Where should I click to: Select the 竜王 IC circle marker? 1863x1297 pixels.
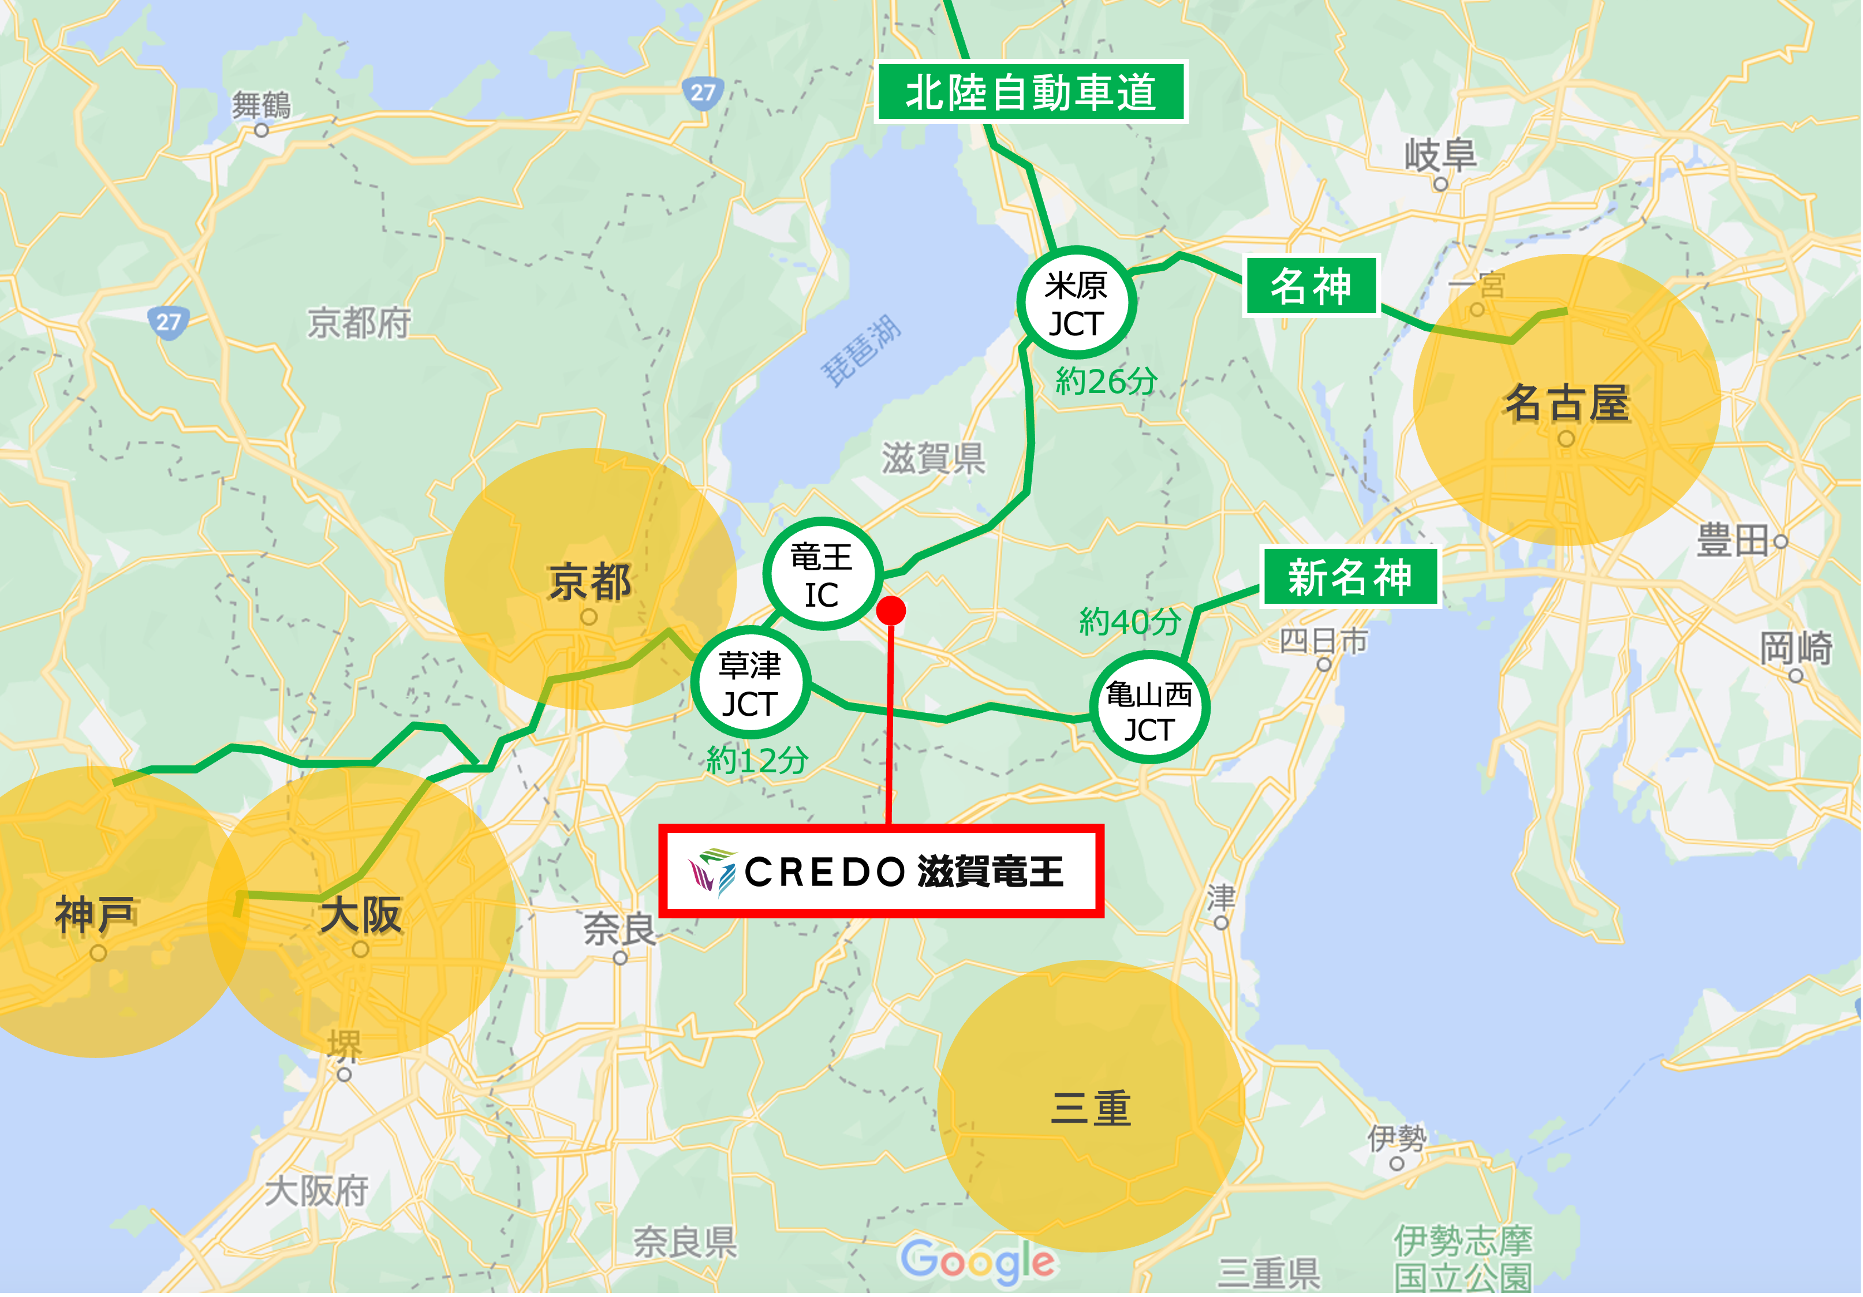[x=821, y=575]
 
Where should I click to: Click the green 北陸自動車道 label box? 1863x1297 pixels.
[x=1031, y=92]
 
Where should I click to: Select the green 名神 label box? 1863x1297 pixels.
[x=1311, y=286]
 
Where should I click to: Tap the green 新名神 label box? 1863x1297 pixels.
[x=1349, y=577]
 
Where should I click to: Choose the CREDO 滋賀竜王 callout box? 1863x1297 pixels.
[x=880, y=871]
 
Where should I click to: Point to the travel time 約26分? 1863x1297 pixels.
[x=1106, y=380]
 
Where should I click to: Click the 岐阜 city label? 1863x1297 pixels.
[x=1440, y=154]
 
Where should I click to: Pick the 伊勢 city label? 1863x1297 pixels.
[x=1395, y=1139]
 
